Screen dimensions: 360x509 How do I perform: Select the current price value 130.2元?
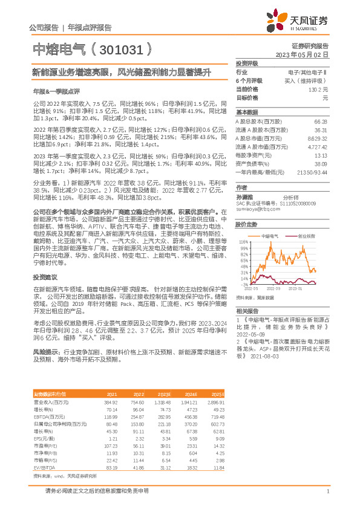click(317, 89)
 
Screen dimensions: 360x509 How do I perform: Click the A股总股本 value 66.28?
click(321, 122)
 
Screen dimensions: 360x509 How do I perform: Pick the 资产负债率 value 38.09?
click(321, 163)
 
